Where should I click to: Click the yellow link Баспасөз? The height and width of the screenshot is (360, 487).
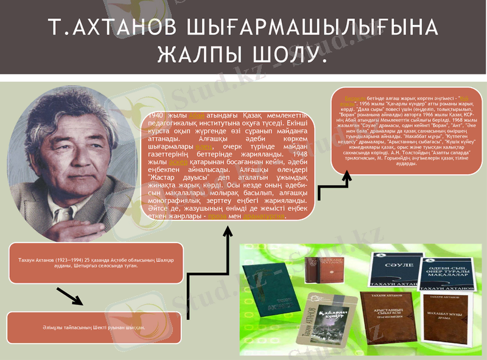[355, 98]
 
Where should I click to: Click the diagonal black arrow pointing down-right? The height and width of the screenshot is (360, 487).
[71, 296]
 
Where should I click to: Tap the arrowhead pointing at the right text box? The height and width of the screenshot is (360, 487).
[347, 176]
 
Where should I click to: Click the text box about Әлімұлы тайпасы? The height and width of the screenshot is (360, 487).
[94, 327]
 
